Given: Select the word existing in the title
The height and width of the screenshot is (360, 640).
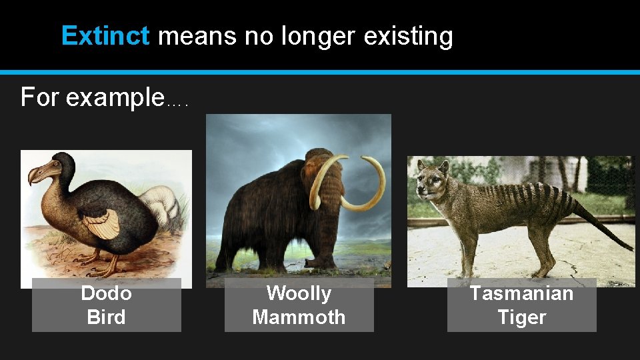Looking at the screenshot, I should pyautogui.click(x=408, y=37).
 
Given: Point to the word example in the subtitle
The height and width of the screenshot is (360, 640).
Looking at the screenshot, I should pyautogui.click(x=115, y=98).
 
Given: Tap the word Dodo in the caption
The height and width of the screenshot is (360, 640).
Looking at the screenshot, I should pyautogui.click(x=106, y=293).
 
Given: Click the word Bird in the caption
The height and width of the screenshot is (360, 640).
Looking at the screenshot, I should pyautogui.click(x=106, y=317).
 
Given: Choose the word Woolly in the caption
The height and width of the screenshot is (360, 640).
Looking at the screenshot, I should pyautogui.click(x=299, y=293).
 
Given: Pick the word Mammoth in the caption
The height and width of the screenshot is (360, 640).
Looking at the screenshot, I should pyautogui.click(x=299, y=317).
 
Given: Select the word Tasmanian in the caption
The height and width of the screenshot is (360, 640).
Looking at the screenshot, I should pyautogui.click(x=521, y=293).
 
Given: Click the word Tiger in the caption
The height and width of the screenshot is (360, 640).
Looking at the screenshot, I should pyautogui.click(x=521, y=317).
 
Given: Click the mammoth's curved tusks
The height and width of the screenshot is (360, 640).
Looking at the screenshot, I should pyautogui.click(x=363, y=187).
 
